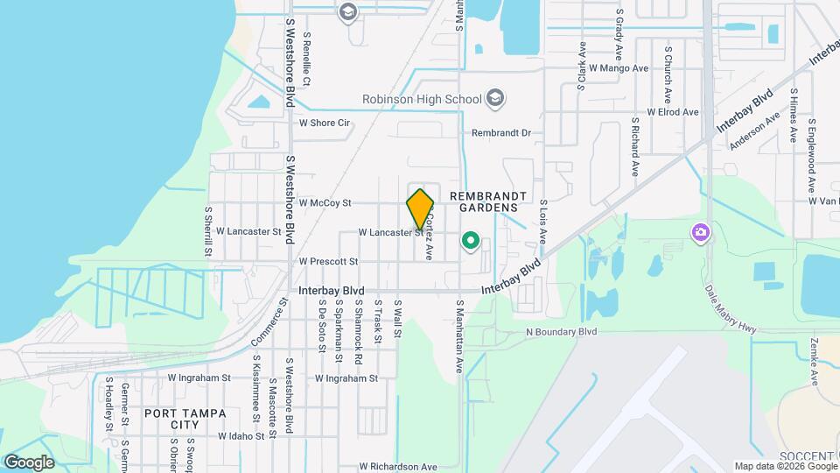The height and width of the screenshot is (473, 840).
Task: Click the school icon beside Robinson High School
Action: point(496,97)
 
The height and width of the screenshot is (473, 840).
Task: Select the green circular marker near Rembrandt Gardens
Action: point(471,239)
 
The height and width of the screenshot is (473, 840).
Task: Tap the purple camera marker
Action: point(700,233)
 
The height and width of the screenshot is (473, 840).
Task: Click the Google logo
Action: point(29,462)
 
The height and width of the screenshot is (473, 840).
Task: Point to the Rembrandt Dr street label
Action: point(501,133)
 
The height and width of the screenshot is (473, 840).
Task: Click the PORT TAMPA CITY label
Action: point(185,419)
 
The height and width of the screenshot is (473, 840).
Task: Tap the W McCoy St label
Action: point(325,202)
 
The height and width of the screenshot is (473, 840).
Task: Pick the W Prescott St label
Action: point(328,261)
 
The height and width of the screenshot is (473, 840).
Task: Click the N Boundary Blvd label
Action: point(561,332)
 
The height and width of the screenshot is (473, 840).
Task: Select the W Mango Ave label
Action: point(618,67)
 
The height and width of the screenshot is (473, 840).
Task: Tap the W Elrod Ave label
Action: point(672,112)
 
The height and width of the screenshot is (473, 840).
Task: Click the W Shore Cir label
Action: point(325,124)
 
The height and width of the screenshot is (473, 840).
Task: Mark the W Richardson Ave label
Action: point(397,467)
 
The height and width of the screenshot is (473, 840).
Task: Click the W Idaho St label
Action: point(241,435)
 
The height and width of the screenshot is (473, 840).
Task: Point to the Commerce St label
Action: point(269,323)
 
